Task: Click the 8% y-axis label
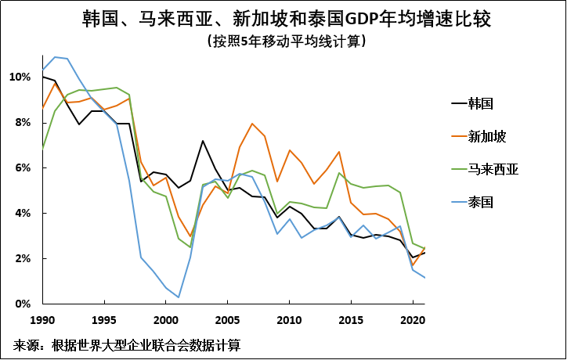(22, 123)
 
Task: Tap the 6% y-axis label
(22, 168)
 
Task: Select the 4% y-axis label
(22, 214)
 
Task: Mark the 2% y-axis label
(22, 259)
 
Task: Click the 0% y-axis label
(22, 304)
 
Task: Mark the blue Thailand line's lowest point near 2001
(179, 297)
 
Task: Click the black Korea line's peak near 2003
(203, 141)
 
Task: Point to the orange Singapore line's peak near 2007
(252, 124)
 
